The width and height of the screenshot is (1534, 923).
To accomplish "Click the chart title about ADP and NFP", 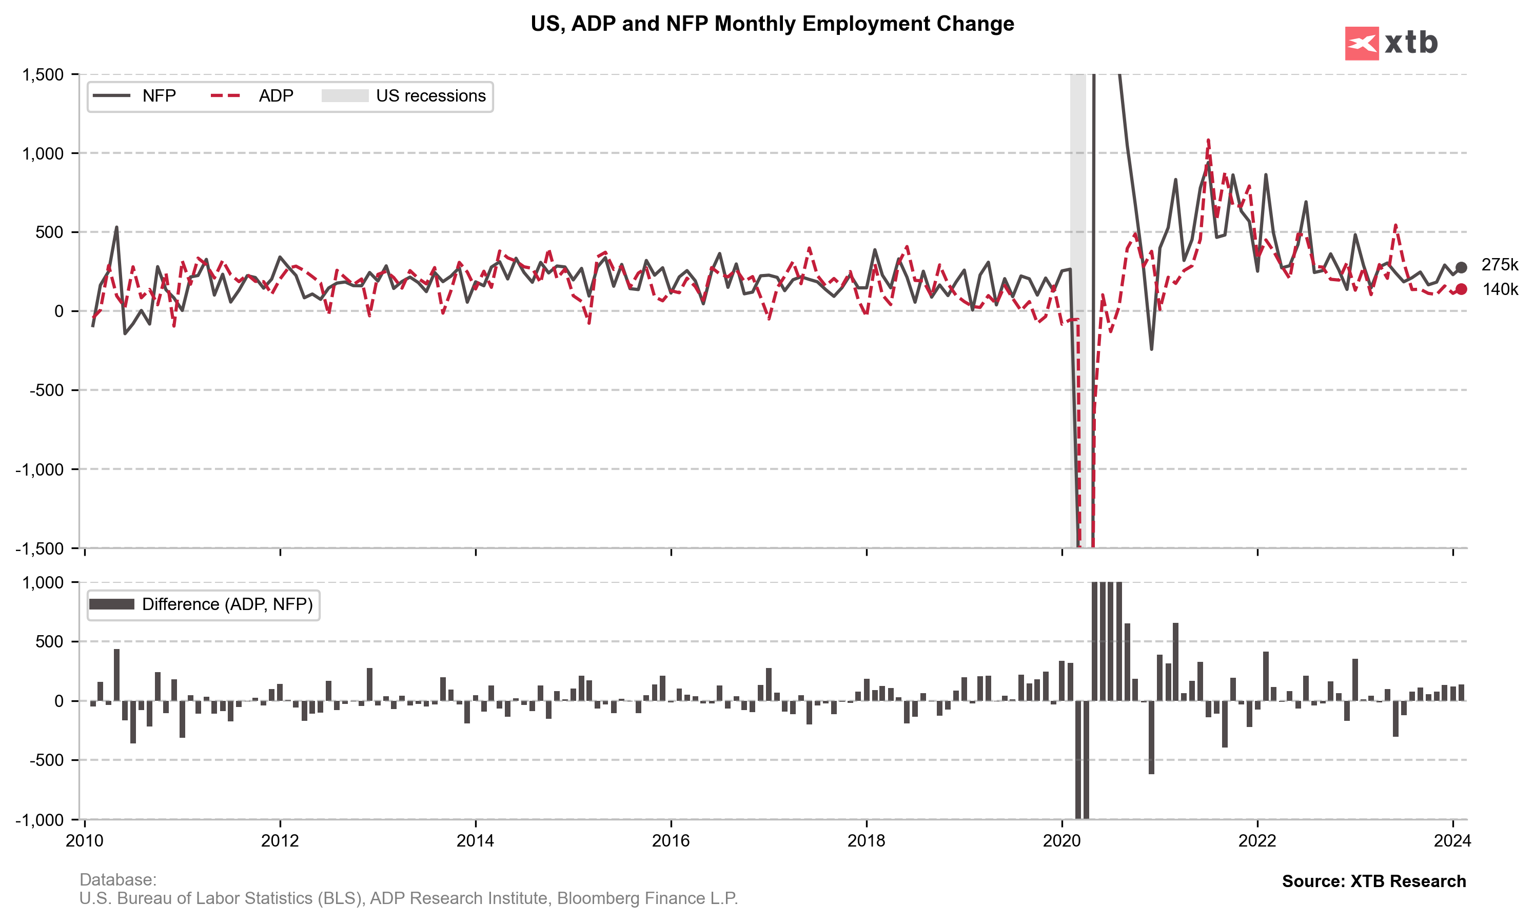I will coord(772,24).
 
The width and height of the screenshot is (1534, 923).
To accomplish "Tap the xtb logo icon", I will coord(1361,44).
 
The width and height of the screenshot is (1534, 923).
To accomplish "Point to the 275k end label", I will coord(1499,265).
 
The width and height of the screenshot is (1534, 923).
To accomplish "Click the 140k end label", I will coord(1500,289).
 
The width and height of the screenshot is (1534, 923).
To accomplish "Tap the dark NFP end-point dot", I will coord(1461,267).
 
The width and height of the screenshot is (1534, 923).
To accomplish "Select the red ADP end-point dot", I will coord(1461,289).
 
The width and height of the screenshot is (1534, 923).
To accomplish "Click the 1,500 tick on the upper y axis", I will coord(43,74).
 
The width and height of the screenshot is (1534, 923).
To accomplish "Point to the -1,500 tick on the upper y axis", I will coord(40,548).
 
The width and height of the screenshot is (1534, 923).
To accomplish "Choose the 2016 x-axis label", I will coord(671,841).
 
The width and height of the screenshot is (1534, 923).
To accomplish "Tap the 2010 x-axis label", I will coord(85,841).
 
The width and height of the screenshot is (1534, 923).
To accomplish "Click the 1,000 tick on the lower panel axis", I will coord(43,583).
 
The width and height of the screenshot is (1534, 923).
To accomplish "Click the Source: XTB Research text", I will coord(1373,881).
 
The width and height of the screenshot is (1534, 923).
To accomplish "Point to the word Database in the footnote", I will coord(117,879).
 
